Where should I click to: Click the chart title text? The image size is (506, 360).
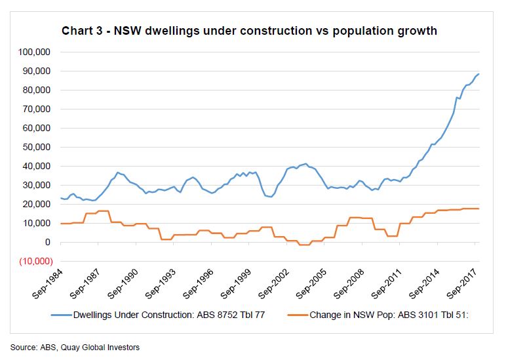click(x=249, y=31)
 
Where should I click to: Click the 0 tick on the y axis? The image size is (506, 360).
click(x=47, y=243)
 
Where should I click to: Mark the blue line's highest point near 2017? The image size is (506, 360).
click(x=478, y=73)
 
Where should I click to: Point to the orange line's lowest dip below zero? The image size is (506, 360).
click(x=303, y=245)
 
